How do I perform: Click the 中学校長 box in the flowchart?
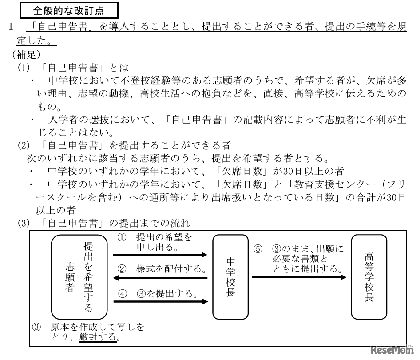230,276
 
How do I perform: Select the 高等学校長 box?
368,276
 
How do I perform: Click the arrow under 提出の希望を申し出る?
160,255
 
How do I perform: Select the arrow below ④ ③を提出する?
160,301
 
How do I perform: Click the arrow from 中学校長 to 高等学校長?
299,277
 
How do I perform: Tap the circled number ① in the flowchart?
121,238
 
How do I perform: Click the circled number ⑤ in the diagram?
258,249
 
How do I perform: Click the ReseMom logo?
391,350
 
